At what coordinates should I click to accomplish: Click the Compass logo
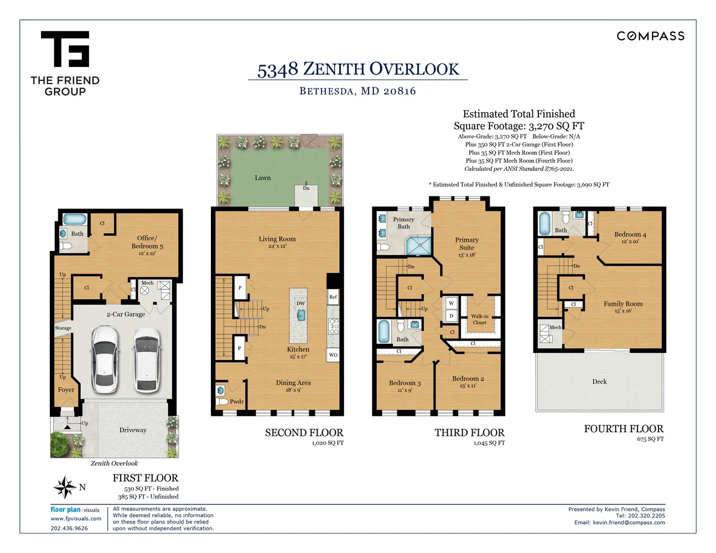click(650, 36)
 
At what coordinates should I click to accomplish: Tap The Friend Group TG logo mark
click(65, 49)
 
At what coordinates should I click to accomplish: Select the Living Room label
click(277, 239)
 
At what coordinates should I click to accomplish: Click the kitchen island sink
click(301, 315)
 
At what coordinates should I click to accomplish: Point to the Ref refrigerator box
click(333, 297)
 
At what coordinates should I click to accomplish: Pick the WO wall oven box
click(333, 355)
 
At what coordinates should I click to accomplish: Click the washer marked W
click(452, 304)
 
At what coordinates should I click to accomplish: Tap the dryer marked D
click(452, 316)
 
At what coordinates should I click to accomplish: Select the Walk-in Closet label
click(480, 319)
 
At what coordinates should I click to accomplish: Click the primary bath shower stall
click(419, 246)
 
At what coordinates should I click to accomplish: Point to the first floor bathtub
click(75, 219)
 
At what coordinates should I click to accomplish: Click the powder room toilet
click(222, 401)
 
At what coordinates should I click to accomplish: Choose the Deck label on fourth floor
click(599, 382)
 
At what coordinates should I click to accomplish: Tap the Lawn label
click(263, 178)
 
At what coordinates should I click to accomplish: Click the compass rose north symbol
click(65, 487)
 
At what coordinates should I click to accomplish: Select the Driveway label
click(133, 430)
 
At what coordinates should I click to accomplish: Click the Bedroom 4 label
click(630, 234)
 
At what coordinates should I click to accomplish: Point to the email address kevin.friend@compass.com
click(629, 523)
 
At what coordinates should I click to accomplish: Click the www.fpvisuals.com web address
click(76, 519)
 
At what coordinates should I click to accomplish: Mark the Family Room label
click(623, 304)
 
